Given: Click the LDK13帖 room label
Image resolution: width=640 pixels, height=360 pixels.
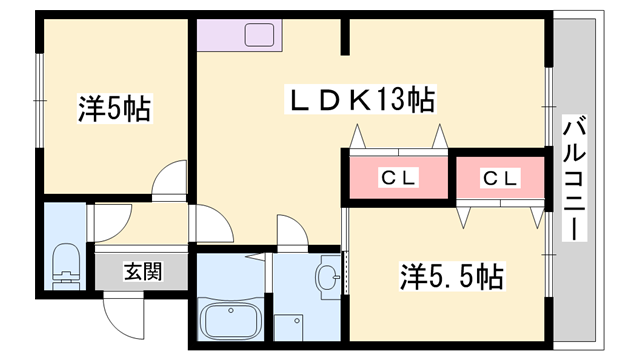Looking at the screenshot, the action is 361,99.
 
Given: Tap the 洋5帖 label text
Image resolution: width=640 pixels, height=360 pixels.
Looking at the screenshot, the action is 115,109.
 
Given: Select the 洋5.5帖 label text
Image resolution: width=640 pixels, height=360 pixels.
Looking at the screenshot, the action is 451,277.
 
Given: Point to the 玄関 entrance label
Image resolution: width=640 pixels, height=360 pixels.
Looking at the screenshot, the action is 143,272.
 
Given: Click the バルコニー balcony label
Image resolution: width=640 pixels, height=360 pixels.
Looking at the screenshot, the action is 575,178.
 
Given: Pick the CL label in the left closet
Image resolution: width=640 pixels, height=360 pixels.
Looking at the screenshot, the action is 398,178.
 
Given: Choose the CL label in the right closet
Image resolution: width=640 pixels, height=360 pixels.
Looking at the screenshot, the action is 500,178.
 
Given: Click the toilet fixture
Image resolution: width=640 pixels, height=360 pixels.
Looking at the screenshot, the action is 66,265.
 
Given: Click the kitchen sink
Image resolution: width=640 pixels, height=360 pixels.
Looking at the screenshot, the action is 259,35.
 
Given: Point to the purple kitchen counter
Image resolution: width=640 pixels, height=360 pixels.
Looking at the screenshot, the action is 239,35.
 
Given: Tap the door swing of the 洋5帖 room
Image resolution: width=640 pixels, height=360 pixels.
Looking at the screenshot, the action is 169,180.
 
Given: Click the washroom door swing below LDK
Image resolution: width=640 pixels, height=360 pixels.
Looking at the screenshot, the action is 292,232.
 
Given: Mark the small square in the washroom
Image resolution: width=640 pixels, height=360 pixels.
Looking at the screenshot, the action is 289,327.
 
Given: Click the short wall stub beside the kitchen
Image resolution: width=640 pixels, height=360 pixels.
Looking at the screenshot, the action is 345,37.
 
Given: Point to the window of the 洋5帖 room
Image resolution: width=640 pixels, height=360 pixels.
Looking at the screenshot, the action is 40,100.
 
